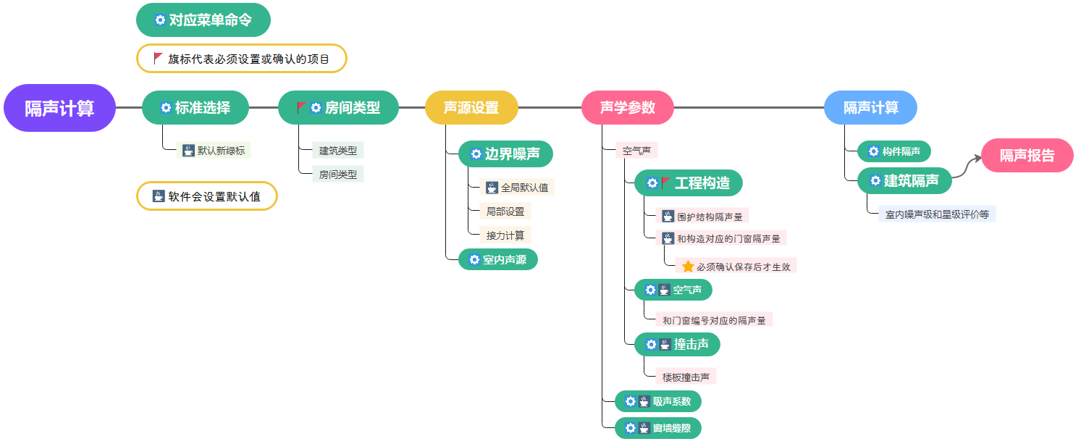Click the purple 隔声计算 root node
pyautogui.click(x=59, y=108)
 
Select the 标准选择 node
pyautogui.click(x=195, y=108)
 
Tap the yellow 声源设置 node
pyautogui.click(x=471, y=108)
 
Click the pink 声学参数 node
pyautogui.click(x=628, y=108)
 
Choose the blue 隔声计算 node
pyautogui.click(x=870, y=108)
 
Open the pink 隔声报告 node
pyautogui.click(x=1027, y=155)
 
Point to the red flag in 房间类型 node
pyautogui.click(x=301, y=107)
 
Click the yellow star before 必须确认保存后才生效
pyautogui.click(x=688, y=267)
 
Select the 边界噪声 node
pyautogui.click(x=505, y=154)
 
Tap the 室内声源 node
pyautogui.click(x=498, y=259)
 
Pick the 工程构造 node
pyautogui.click(x=689, y=183)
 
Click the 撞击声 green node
pyautogui.click(x=677, y=344)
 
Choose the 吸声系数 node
pyautogui.click(x=658, y=401)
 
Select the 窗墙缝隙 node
pyautogui.click(x=658, y=428)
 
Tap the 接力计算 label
pyautogui.click(x=505, y=235)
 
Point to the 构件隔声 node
pyautogui.click(x=894, y=151)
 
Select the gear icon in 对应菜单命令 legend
pyautogui.click(x=160, y=20)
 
